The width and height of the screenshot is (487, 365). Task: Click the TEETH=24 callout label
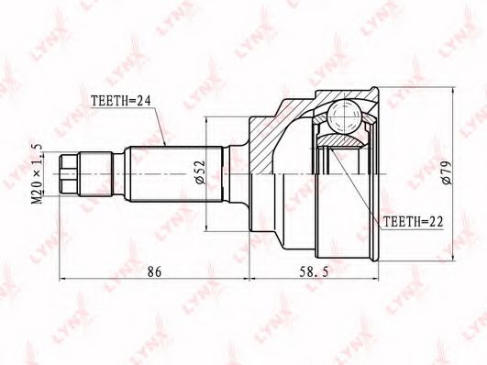pyautogui.click(x=121, y=100)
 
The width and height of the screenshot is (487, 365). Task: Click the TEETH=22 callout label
pyautogui.click(x=413, y=222)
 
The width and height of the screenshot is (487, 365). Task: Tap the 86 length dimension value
pyautogui.click(x=154, y=271)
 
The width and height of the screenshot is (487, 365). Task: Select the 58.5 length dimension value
pyautogui.click(x=314, y=271)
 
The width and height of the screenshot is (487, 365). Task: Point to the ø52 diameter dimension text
pyautogui.click(x=200, y=171)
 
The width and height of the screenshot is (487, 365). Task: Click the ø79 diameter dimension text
pyautogui.click(x=448, y=172)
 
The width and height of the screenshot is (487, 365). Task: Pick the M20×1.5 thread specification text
pyautogui.click(x=38, y=173)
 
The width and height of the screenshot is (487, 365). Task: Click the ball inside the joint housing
pyautogui.click(x=344, y=116)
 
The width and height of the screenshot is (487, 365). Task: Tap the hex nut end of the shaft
pyautogui.click(x=69, y=173)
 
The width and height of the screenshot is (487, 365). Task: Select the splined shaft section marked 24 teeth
pyautogui.click(x=175, y=174)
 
